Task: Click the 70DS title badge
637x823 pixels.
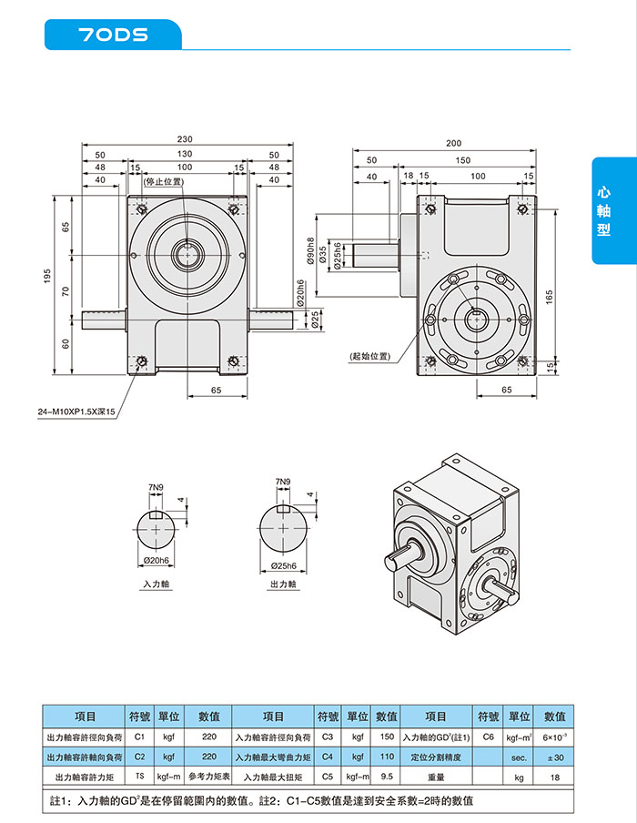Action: (113, 35)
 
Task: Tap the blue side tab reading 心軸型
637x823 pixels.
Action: (603, 211)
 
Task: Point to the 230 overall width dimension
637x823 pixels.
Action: (185, 139)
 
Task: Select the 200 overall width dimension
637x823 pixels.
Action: (454, 144)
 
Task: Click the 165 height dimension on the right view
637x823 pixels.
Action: (550, 297)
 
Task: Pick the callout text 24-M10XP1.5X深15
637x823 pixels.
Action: (78, 412)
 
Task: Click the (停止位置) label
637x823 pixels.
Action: (164, 182)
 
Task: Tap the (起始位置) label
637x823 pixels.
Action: (369, 356)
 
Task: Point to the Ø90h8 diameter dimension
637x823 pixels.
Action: (310, 251)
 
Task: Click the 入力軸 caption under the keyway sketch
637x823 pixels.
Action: (157, 584)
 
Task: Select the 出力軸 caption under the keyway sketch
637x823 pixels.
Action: (283, 584)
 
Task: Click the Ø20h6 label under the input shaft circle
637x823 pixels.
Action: (157, 559)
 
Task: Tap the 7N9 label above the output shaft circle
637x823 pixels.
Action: (282, 482)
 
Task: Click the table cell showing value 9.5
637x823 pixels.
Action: (387, 777)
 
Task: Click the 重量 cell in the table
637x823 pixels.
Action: (436, 777)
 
